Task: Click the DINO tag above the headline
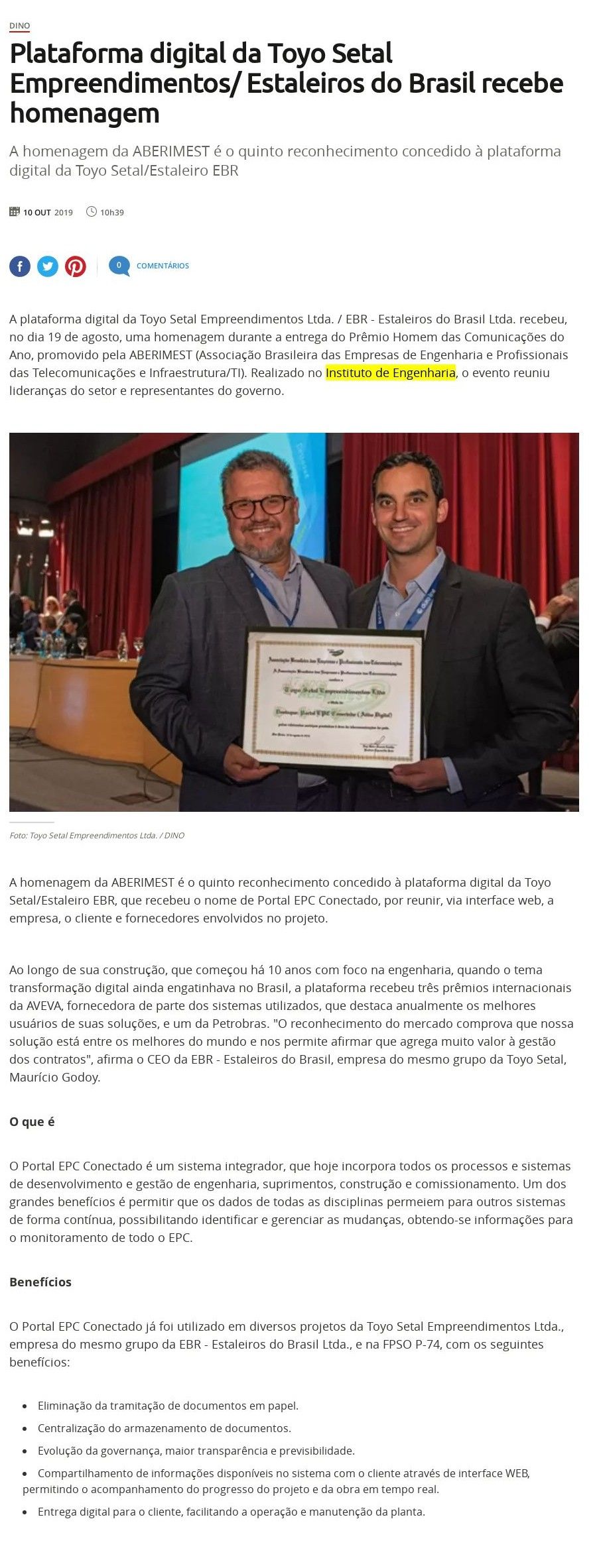coord(19,26)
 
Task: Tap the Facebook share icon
coord(20,266)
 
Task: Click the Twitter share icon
coord(48,266)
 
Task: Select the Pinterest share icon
coord(76,266)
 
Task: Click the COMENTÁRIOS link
coord(163,266)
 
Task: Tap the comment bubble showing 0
coord(119,266)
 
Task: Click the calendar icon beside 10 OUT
coord(15,212)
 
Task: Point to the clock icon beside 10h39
coord(92,212)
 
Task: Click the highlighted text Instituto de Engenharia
coord(390,372)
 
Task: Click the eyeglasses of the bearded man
coord(259,507)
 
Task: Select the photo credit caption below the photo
coord(97,836)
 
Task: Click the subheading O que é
coord(32,1121)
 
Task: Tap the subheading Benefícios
coord(40,1282)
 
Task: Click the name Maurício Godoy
coord(54,1077)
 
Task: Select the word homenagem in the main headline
coord(84,113)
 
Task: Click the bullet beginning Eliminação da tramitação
coord(168,1405)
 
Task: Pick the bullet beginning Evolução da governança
coord(196,1451)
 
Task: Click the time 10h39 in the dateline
coord(112,213)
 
